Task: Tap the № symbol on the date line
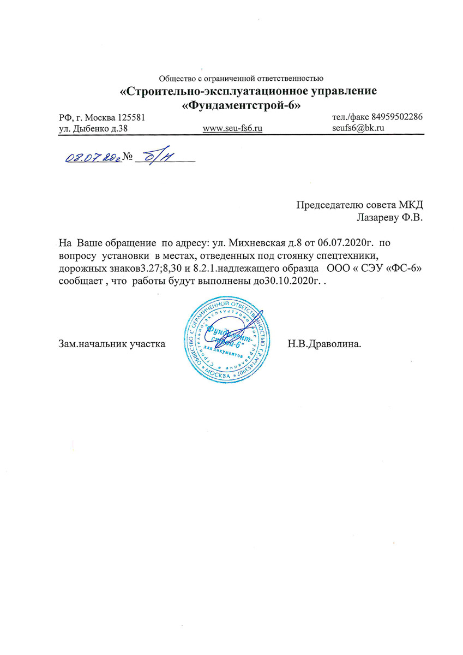129,157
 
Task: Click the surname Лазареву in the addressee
377,217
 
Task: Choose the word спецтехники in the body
340,253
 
